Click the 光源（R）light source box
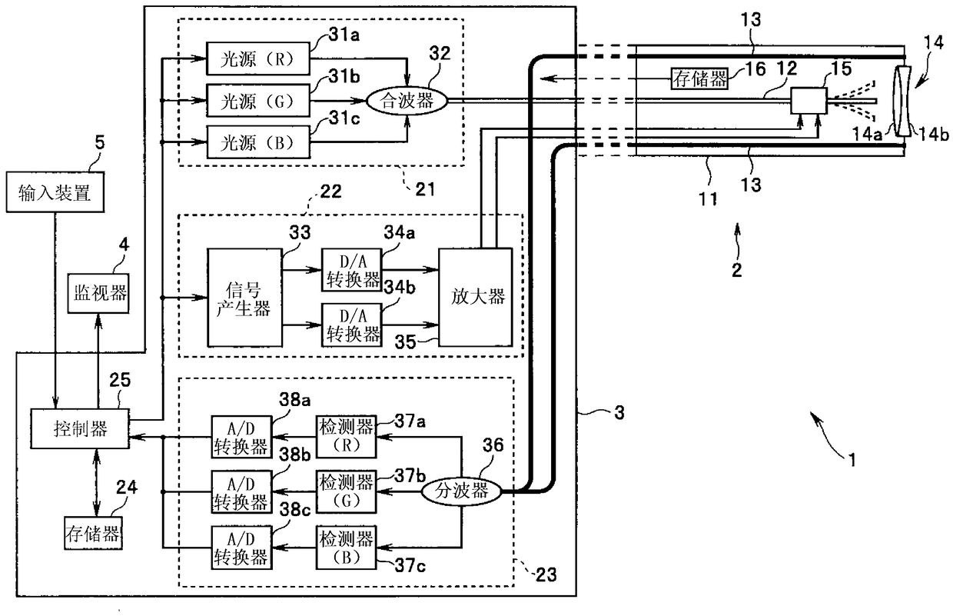pos(257,58)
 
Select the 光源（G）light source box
pos(257,101)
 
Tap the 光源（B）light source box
pos(257,142)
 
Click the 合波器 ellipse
pos(407,101)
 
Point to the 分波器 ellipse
pos(461,491)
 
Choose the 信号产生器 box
pos(244,298)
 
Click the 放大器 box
pos(476,297)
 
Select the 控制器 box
pos(80,428)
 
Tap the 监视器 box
pos(98,293)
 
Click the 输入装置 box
pos(55,192)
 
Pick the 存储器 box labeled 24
pos(93,534)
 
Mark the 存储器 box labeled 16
pos(699,78)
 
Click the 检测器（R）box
pos(347,436)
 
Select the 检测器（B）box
pos(347,548)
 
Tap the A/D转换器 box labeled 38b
pos(241,491)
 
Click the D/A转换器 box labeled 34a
pos(351,270)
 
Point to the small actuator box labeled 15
pos(809,101)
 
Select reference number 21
pos(425,189)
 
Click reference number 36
pos(493,445)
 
